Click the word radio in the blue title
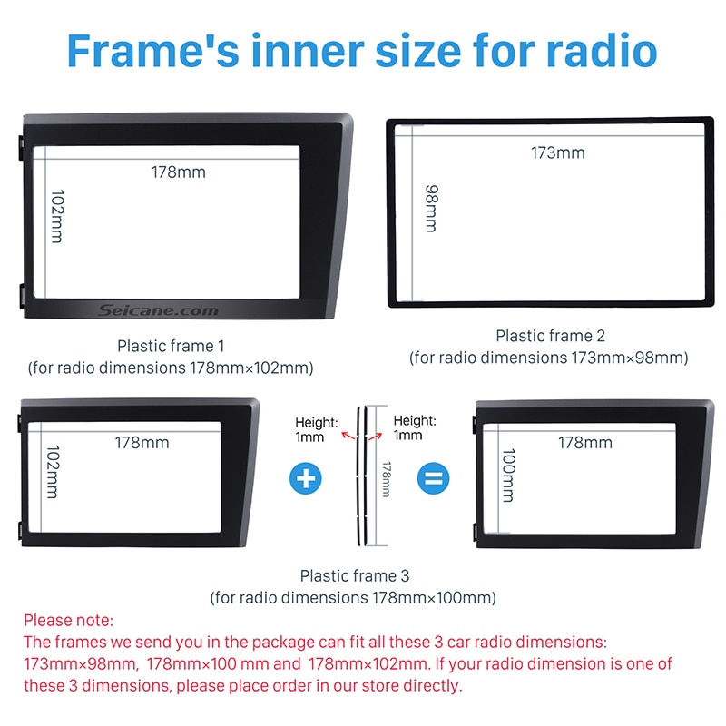602,50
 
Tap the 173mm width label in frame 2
558,152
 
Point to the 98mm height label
432,209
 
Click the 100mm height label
508,475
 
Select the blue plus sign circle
306,478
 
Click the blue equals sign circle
434,478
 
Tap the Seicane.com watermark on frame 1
158,310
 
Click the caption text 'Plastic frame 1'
171,346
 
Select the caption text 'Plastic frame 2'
551,336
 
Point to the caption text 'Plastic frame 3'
355,575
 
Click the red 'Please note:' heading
69,620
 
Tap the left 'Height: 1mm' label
317,429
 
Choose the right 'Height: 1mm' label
415,427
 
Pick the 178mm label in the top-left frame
179,172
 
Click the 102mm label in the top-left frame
57,216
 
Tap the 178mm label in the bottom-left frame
142,443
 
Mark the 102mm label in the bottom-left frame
53,472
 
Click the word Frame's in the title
153,50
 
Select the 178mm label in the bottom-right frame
585,443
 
